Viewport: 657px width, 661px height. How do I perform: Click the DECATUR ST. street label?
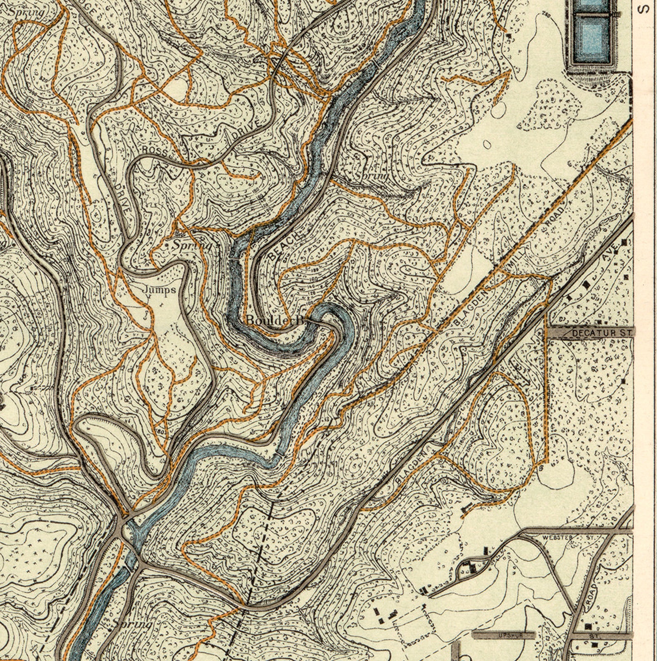click(x=602, y=332)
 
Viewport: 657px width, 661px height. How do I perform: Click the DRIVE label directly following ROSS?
click(x=247, y=130)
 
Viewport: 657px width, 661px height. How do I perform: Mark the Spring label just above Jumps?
click(x=191, y=245)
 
